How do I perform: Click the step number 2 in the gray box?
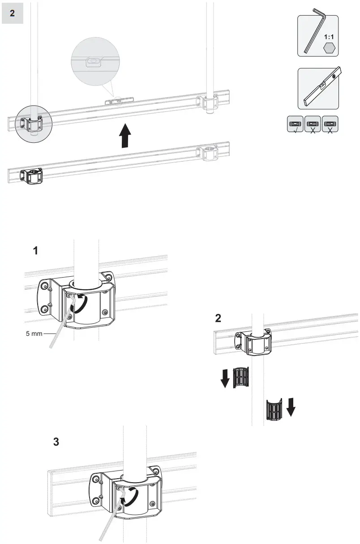(x=12, y=13)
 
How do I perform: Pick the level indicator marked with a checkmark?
(x=295, y=124)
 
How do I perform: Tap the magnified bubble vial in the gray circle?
(x=94, y=62)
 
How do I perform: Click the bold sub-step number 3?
(x=56, y=442)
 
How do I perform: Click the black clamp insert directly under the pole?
(x=274, y=408)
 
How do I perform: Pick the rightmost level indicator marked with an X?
(x=330, y=124)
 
